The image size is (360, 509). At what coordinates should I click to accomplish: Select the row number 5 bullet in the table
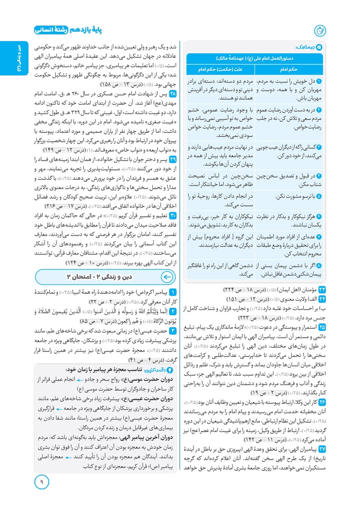[x=319, y=196]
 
